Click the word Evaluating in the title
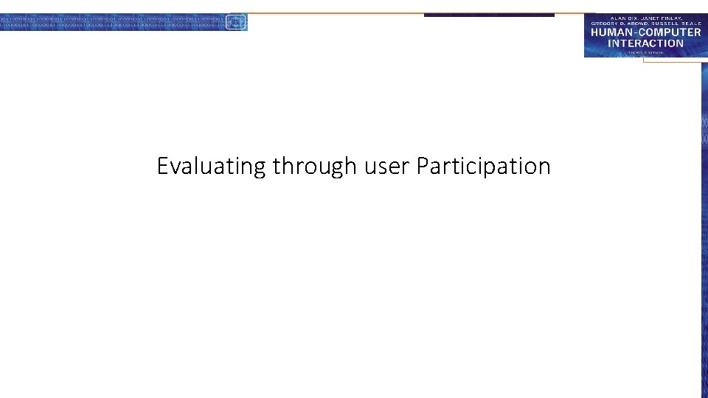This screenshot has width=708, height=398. pos(211,167)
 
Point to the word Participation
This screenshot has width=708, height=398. pos(483,167)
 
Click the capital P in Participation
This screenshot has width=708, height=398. pos(423,166)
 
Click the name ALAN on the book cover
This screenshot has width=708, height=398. pos(618,16)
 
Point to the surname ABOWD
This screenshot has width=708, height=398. pos(638,23)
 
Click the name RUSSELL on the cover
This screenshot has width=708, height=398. pos(669,23)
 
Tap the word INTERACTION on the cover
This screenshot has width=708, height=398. pos(645,43)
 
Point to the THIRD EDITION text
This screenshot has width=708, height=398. pos(645,52)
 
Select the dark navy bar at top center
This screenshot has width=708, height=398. pos(488,15)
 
